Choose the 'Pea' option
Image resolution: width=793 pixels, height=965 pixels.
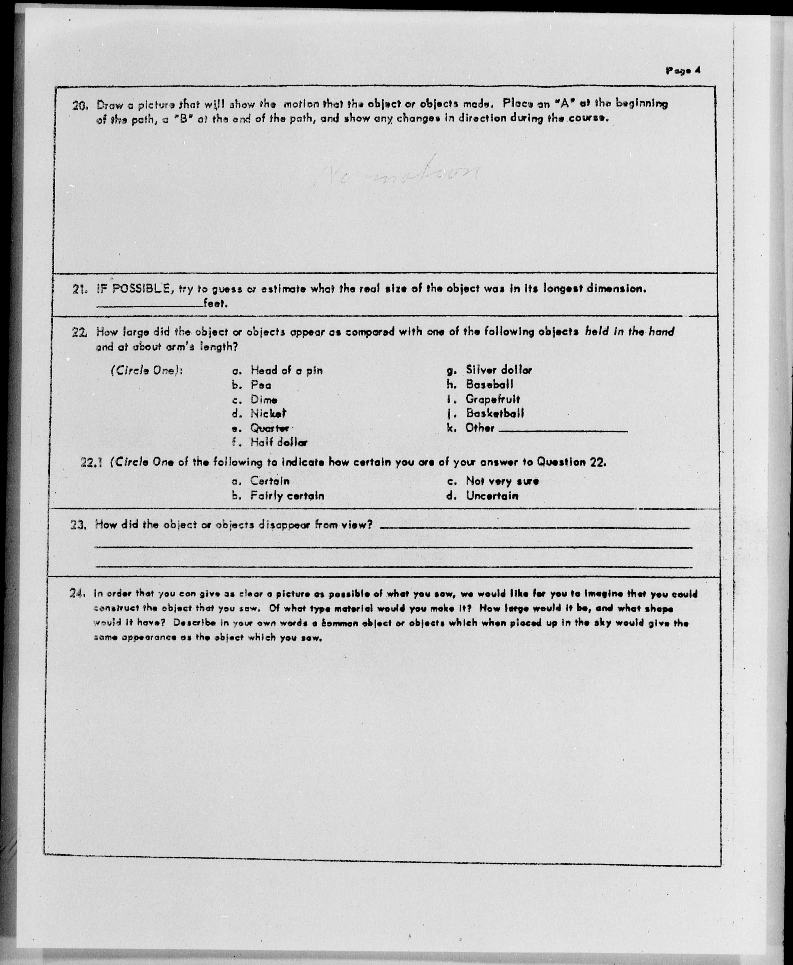pos(260,385)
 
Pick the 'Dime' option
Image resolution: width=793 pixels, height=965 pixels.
pos(264,400)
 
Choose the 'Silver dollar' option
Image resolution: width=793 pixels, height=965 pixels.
pos(498,370)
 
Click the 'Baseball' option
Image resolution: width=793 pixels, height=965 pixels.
pos(489,384)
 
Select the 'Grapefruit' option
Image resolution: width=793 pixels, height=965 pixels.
pos(492,399)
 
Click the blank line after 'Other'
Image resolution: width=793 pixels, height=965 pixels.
pos(563,430)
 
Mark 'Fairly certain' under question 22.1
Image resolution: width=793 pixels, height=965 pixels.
pos(287,496)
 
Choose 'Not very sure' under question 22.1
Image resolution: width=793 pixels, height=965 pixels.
pos(502,481)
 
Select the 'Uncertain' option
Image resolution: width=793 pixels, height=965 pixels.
pos(492,496)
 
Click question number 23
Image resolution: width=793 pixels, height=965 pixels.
pos(78,525)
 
